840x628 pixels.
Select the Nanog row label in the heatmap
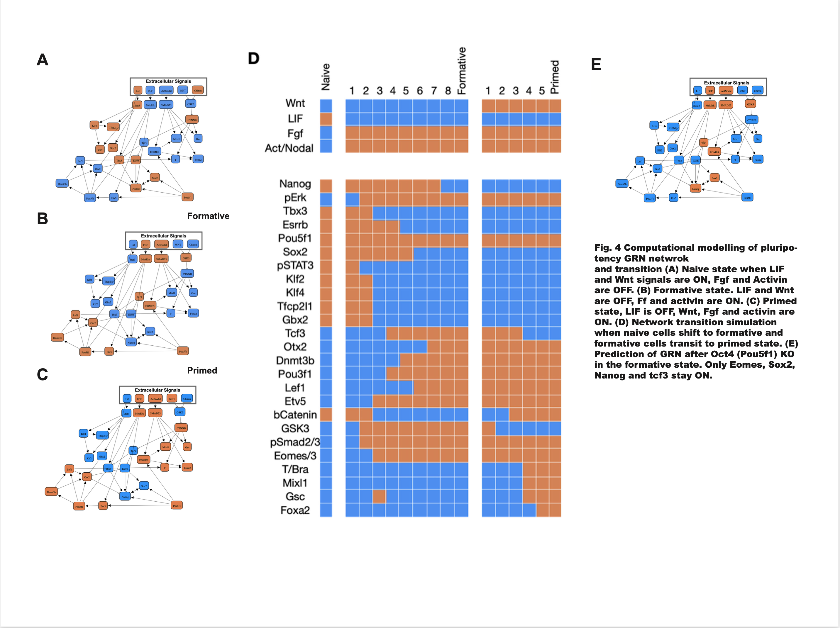[295, 184]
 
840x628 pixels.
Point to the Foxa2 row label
[295, 510]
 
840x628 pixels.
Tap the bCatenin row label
[295, 415]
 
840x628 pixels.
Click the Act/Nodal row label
[289, 148]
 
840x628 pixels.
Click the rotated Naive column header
[326, 77]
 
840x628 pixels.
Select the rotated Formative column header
[461, 71]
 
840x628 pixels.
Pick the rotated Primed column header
[555, 77]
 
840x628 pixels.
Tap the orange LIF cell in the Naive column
[326, 119]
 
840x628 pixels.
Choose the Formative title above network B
[208, 216]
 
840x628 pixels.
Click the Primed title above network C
[202, 371]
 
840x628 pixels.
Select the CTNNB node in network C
[181, 428]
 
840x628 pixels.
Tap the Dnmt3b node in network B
[57, 337]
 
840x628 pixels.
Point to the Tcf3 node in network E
[704, 143]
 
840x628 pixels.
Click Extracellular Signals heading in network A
[168, 81]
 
